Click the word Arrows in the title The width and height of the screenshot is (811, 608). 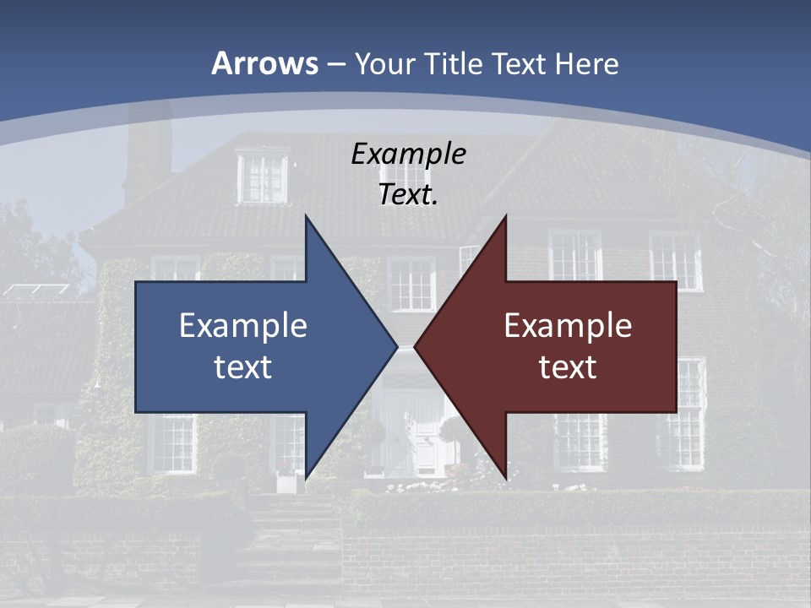click(x=264, y=63)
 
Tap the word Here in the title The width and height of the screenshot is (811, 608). click(x=586, y=63)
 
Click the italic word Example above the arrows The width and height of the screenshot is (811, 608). click(x=408, y=154)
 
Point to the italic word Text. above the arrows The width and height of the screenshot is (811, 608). click(x=408, y=194)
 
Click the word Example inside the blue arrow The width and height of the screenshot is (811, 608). click(x=243, y=325)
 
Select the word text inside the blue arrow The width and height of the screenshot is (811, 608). click(x=243, y=366)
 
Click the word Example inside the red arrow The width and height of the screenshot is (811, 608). click(x=568, y=325)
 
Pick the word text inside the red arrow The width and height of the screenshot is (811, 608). click(x=568, y=366)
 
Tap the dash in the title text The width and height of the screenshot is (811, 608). click(x=336, y=64)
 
